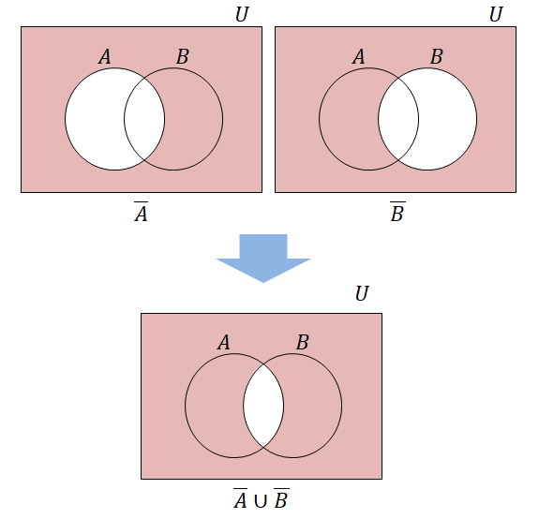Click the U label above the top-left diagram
(x=242, y=14)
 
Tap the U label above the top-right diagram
(x=496, y=14)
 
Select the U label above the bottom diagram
(x=362, y=293)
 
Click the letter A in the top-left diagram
(x=105, y=56)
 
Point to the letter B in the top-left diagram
(x=183, y=56)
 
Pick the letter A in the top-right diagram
(x=358, y=56)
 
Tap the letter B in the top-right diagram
(x=437, y=56)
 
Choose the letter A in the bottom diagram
(x=224, y=343)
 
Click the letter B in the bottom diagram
(x=303, y=343)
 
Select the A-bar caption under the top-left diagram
(x=141, y=212)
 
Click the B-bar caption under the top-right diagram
(x=397, y=212)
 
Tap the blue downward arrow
(x=263, y=259)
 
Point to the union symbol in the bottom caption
(x=261, y=501)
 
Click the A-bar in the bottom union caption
(x=240, y=498)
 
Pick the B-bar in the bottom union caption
(x=281, y=498)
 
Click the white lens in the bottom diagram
(x=263, y=406)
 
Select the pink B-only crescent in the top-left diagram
(x=194, y=119)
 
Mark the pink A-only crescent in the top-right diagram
(x=348, y=119)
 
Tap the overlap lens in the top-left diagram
(x=144, y=119)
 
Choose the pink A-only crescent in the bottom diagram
(x=214, y=406)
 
